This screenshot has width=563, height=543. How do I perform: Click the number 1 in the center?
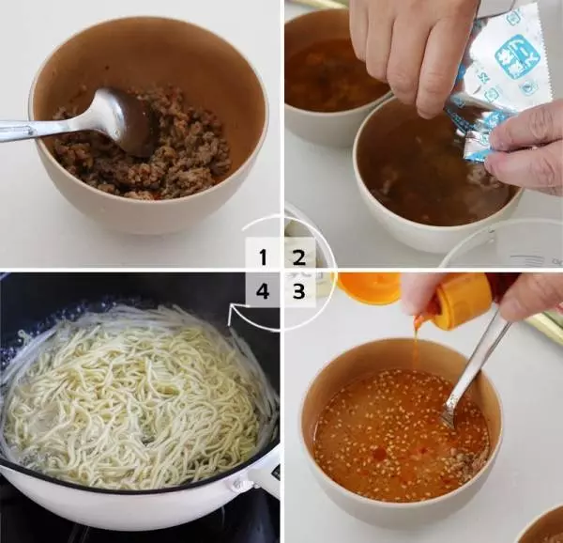[x=263, y=256]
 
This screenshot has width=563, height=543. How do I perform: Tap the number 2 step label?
[x=298, y=256]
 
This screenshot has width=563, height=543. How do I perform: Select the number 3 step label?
[x=298, y=291]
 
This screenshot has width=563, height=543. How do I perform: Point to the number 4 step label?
[x=263, y=291]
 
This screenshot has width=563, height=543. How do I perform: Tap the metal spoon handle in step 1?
[x=38, y=129]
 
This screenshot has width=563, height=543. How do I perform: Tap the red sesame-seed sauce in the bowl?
[x=385, y=423]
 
